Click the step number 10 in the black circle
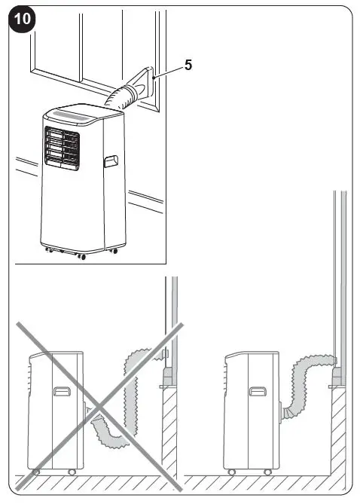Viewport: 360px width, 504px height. pos(22,19)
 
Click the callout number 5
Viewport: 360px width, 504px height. pos(188,65)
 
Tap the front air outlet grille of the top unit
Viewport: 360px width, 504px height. pos(62,148)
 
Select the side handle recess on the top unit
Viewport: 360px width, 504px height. pos(111,161)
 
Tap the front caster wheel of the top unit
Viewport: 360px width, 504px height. pos(82,256)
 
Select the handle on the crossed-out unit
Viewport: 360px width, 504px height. pos(62,391)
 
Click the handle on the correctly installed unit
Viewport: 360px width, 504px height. pos(258,391)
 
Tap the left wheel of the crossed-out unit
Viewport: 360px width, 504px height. pos(36,472)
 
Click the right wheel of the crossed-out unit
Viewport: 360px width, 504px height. pos(72,472)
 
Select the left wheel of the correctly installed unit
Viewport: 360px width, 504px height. pos(231,472)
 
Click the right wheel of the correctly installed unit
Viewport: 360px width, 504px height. pos(267,472)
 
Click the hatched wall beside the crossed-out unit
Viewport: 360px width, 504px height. pos(169,431)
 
